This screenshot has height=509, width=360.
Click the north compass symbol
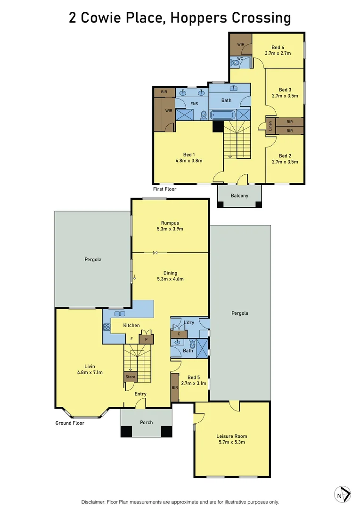[x=343, y=495]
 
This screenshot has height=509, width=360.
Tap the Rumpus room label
[x=169, y=223]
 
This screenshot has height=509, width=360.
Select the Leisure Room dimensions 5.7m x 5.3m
[x=231, y=442]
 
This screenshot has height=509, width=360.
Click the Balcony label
[x=239, y=196]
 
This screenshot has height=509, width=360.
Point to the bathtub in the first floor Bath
[x=223, y=115]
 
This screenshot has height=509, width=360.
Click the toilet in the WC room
[x=235, y=63]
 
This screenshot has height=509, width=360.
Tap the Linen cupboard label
[x=270, y=126]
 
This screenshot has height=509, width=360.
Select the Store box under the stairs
[x=130, y=377]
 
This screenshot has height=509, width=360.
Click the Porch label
[x=147, y=422]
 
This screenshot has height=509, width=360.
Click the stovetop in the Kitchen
[x=106, y=327]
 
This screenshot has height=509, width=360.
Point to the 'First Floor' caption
[x=164, y=189]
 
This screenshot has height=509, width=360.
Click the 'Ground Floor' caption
[x=70, y=423]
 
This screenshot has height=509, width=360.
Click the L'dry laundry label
[x=189, y=322]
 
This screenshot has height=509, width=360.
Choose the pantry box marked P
[x=146, y=339]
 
